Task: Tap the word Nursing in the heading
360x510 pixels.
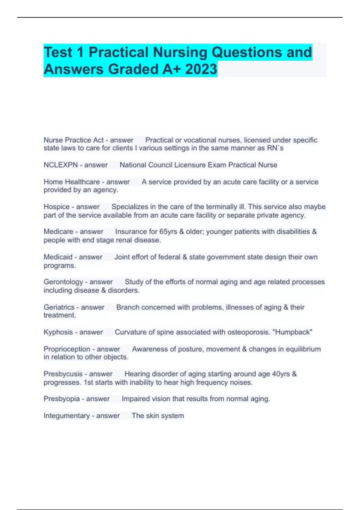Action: pos(180,52)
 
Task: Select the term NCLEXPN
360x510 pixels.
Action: pos(61,165)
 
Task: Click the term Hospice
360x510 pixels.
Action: pos(56,207)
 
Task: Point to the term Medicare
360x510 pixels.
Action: pos(58,232)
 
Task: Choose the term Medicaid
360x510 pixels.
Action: pos(58,257)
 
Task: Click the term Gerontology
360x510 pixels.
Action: pos(63,282)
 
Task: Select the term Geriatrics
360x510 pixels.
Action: pos(59,307)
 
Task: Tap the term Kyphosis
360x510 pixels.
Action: pos(58,332)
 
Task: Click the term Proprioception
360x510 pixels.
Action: pos(67,349)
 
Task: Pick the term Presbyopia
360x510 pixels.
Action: pos(61,399)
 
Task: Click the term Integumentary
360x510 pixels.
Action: pos(67,416)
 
